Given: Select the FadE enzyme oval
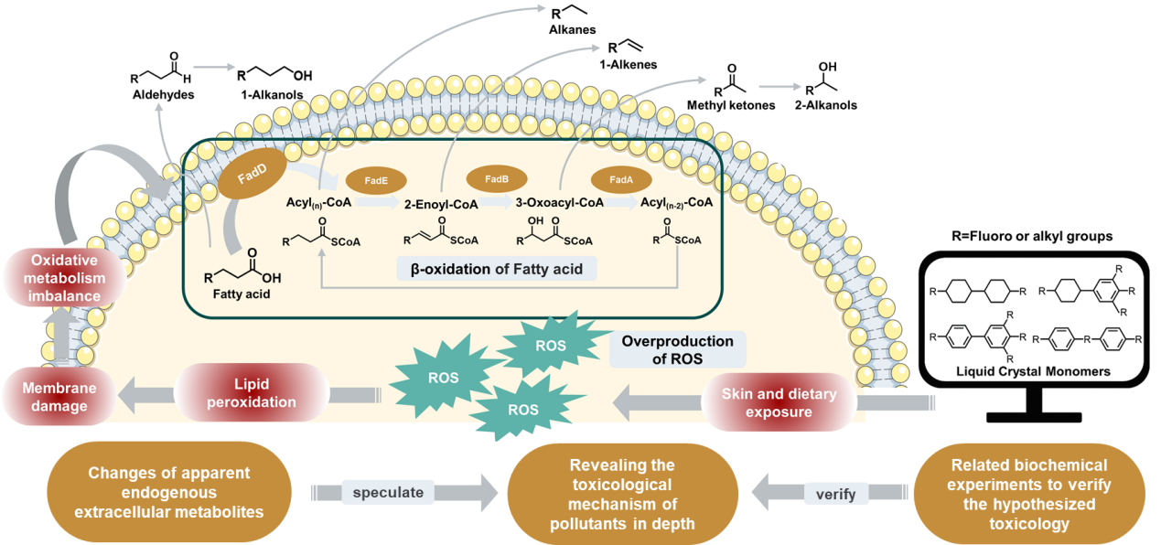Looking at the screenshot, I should click(x=376, y=181).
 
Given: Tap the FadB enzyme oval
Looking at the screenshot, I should click(x=497, y=179).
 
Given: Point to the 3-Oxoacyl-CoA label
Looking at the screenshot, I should click(x=559, y=203).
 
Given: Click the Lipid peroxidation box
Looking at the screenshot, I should click(x=252, y=394).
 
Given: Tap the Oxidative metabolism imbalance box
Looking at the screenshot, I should click(x=67, y=278).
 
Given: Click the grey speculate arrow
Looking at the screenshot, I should click(x=406, y=492).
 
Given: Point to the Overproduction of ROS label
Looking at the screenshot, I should click(x=677, y=349).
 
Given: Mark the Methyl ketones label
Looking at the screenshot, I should click(x=737, y=105).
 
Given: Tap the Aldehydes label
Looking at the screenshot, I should click(x=163, y=95).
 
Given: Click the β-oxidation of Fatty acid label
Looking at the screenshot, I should click(x=498, y=268).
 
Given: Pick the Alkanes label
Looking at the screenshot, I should click(x=574, y=30).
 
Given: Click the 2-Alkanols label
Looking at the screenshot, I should click(x=831, y=105).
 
